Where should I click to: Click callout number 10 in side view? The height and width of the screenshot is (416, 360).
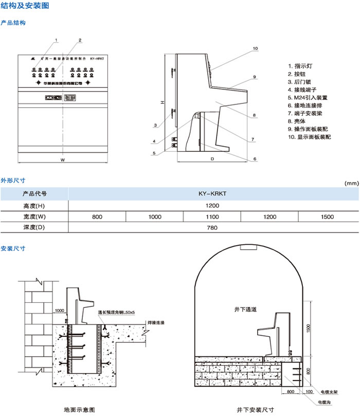[255, 49]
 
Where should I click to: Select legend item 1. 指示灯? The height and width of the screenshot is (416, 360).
[304, 66]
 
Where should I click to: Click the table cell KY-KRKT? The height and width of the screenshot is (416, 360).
[212, 194]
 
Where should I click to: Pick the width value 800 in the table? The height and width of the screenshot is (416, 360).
[97, 217]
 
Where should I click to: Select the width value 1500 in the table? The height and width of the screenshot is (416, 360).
[327, 217]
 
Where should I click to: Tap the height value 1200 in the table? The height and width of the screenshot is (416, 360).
[212, 206]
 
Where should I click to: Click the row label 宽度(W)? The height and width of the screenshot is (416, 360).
[34, 217]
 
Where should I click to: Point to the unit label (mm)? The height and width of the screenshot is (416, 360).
[351, 183]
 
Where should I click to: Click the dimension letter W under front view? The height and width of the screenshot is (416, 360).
[62, 160]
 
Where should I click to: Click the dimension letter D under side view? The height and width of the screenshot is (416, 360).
[212, 159]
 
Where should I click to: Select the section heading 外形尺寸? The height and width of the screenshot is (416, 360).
[13, 180]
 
